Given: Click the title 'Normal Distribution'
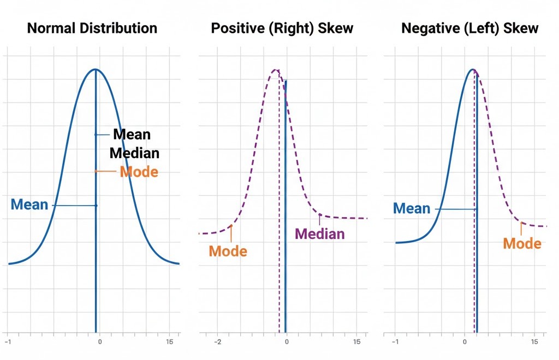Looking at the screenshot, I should tap(92, 28).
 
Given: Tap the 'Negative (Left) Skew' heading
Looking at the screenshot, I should tap(469, 28).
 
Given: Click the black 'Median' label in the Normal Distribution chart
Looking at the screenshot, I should tap(135, 153).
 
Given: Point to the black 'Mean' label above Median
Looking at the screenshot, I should tap(132, 134).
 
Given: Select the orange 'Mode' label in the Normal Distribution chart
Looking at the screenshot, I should tap(139, 172).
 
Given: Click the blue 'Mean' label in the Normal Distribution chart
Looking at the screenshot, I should tap(29, 205).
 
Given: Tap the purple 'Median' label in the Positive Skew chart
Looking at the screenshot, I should tap(320, 234).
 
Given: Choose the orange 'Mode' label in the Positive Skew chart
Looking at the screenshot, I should tap(228, 251).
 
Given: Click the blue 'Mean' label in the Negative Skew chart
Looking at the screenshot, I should tap(412, 208).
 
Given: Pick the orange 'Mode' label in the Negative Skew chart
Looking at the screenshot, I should tap(522, 243).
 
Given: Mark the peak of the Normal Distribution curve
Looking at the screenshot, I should tap(96, 69).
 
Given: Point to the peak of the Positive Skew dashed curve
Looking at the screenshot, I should tap(276, 70).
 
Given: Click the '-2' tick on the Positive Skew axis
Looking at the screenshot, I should tap(217, 342).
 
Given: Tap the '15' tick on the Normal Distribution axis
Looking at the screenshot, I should tap(169, 342).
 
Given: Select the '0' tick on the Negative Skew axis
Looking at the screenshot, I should tap(465, 342).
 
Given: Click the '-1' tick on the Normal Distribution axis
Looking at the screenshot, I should tap(8, 342).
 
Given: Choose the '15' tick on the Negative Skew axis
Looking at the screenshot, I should tap(534, 342).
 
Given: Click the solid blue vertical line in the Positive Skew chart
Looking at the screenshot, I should tap(285, 207).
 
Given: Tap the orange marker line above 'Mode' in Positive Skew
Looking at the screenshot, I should tap(231, 233).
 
